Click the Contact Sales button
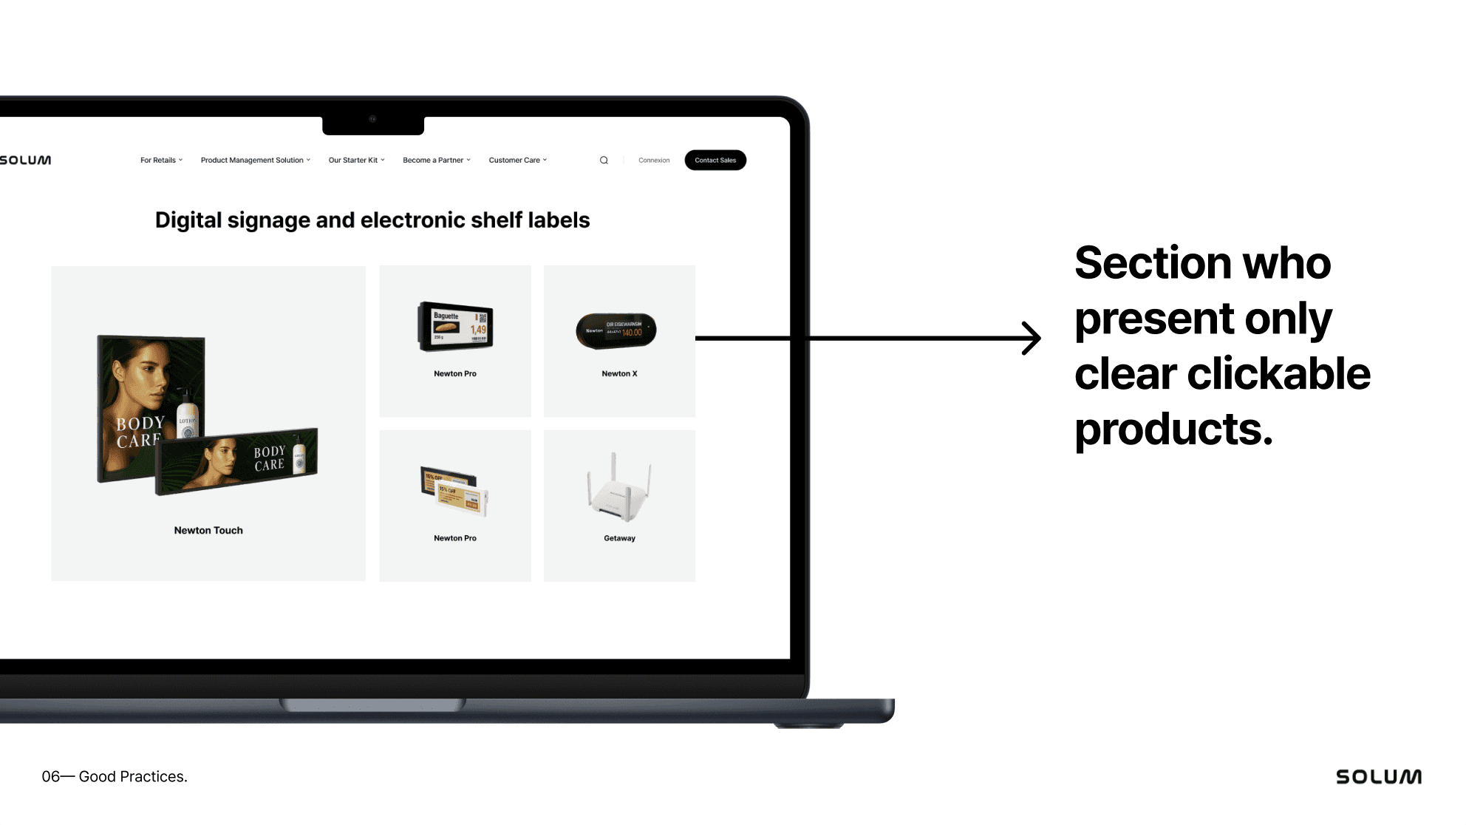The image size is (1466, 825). pyautogui.click(x=715, y=160)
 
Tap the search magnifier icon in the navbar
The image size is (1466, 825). pyautogui.click(x=604, y=160)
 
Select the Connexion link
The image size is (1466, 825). pyautogui.click(x=654, y=160)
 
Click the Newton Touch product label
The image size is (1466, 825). pyautogui.click(x=208, y=531)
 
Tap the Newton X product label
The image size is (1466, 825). pyautogui.click(x=619, y=374)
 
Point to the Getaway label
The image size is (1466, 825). pyautogui.click(x=619, y=538)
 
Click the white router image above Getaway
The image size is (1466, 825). pyautogui.click(x=618, y=489)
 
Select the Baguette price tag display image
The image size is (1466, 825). pyautogui.click(x=455, y=326)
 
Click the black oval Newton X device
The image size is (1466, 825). pyautogui.click(x=616, y=330)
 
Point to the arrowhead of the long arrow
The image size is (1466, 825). pyautogui.click(x=1034, y=339)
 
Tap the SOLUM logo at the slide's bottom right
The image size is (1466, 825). pyautogui.click(x=1378, y=777)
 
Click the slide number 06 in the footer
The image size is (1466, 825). pyautogui.click(x=50, y=777)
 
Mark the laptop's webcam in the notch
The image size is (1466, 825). pyautogui.click(x=373, y=119)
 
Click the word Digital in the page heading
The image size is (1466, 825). pyautogui.click(x=188, y=220)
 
